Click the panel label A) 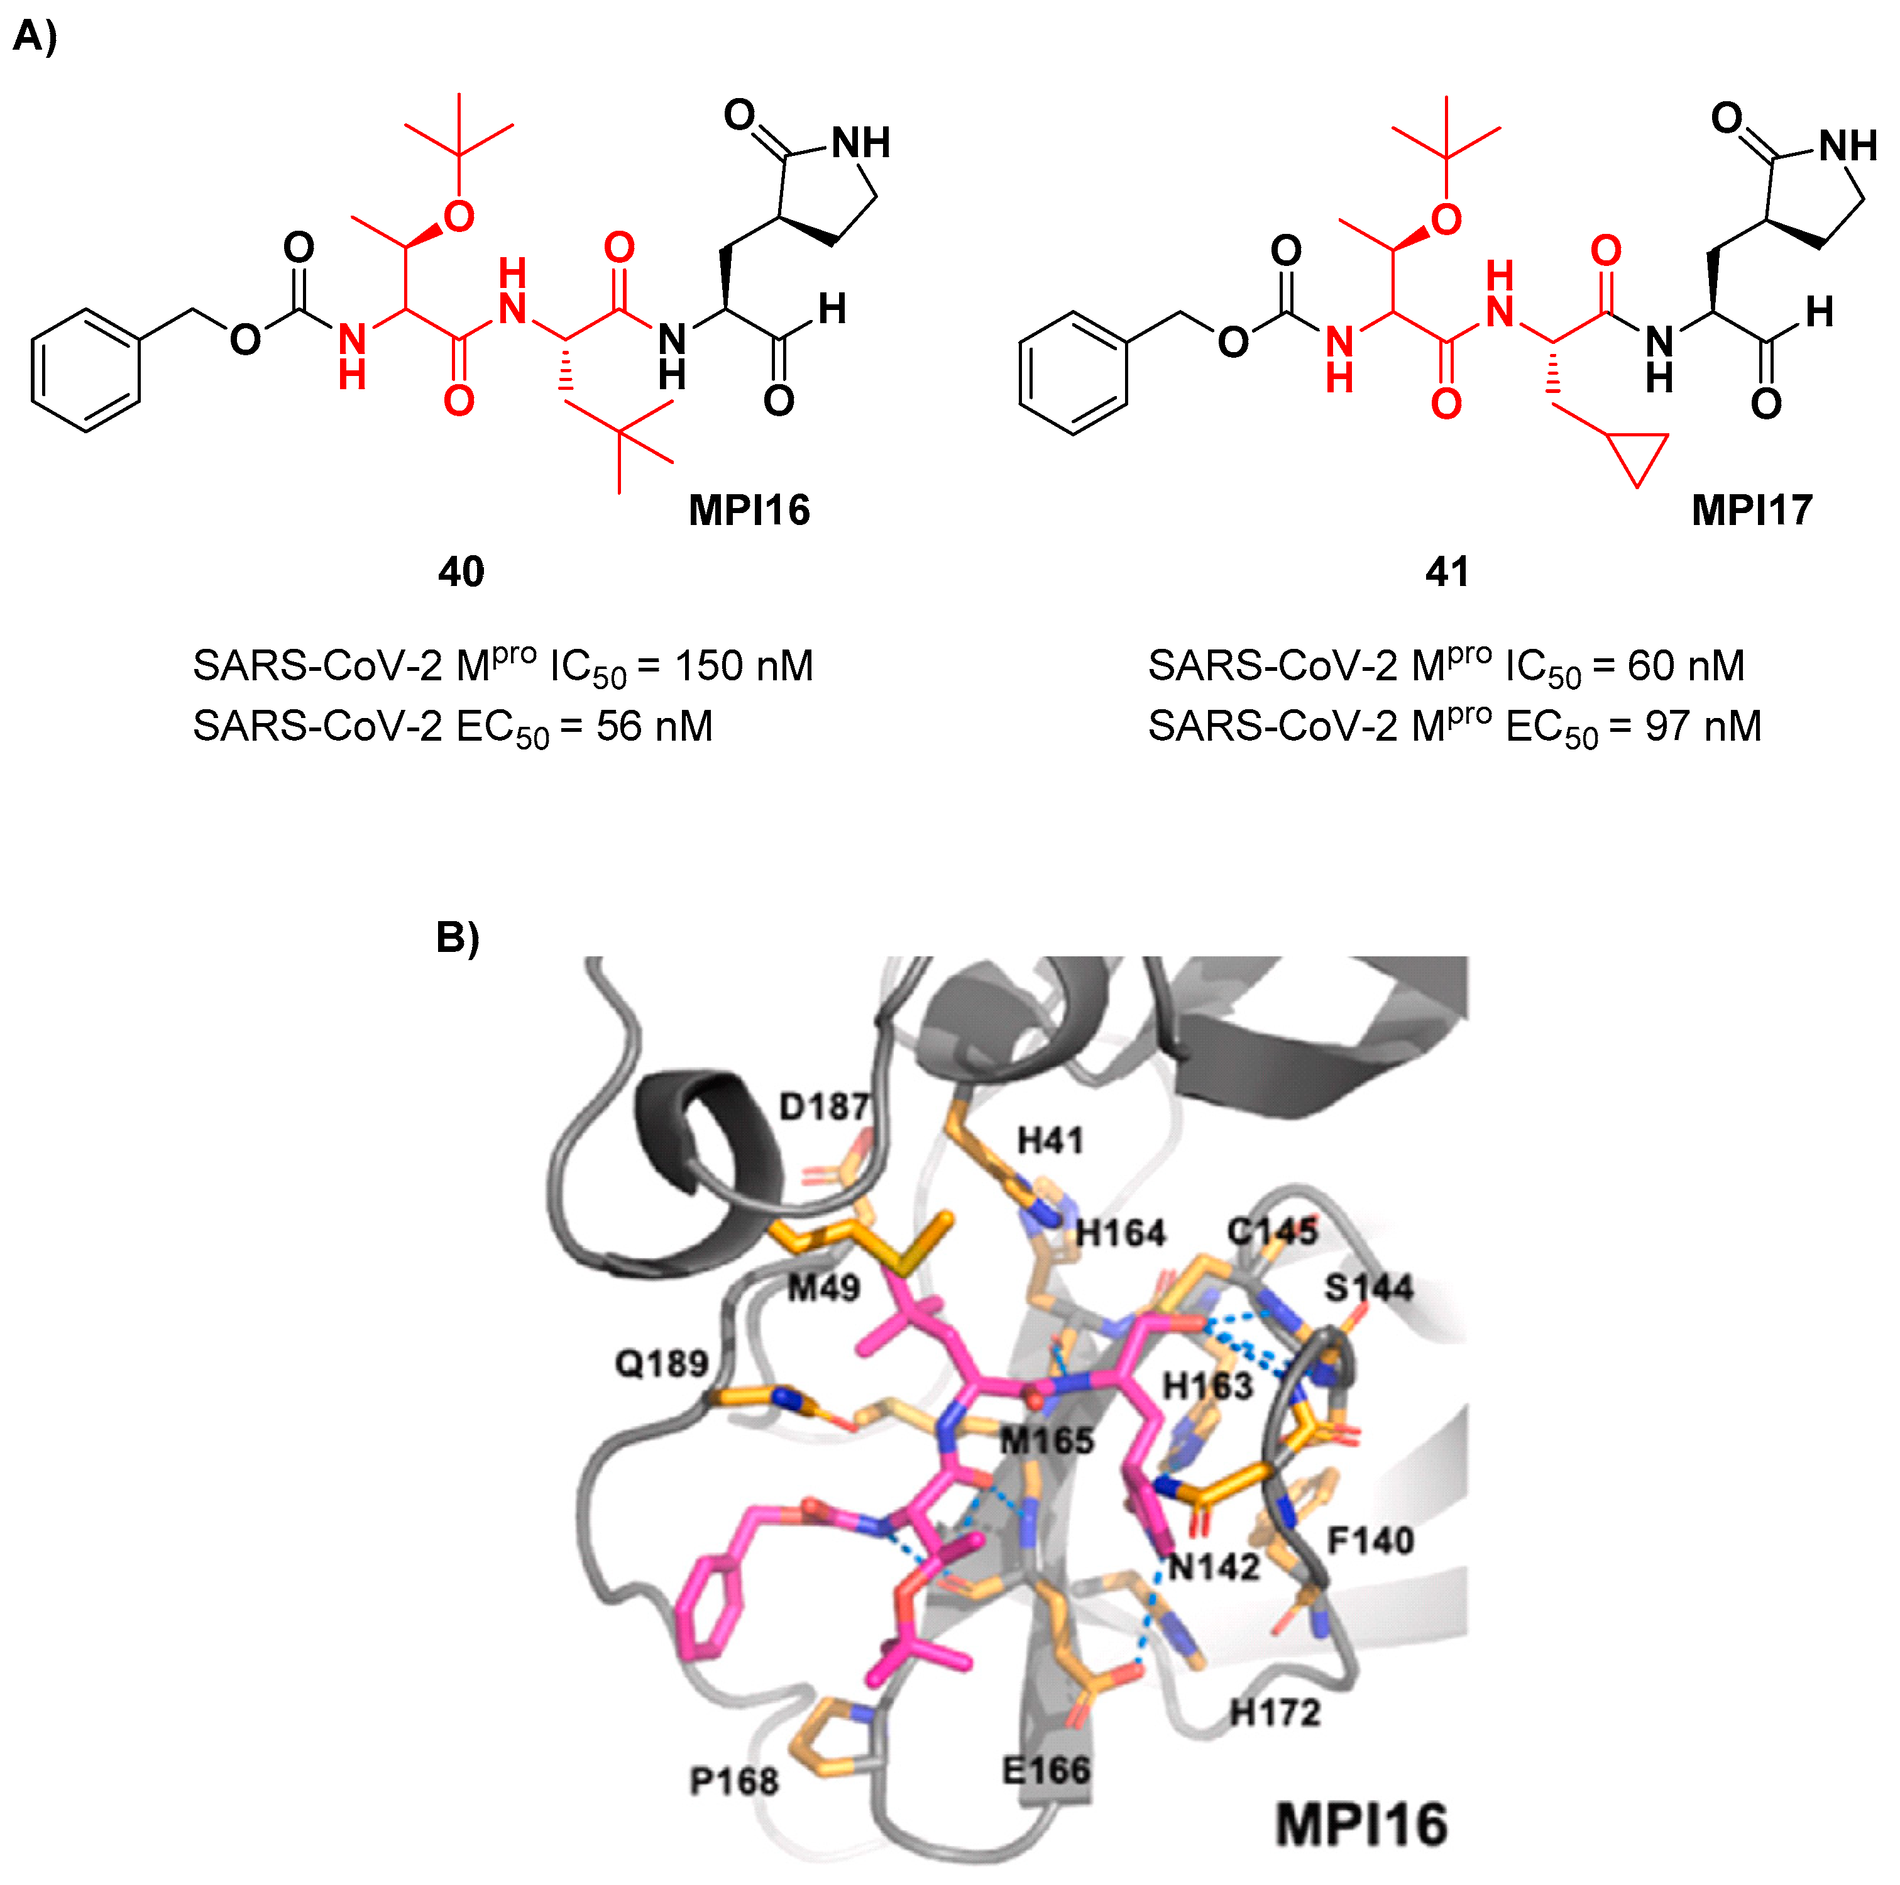point(35,36)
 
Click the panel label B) point(458,937)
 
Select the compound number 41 point(1447,572)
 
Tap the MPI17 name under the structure point(1752,510)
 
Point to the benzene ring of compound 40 point(85,371)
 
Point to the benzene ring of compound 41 point(1073,374)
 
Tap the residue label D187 point(824,1107)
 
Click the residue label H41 point(1050,1141)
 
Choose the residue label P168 point(733,1780)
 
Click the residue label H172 point(1275,1713)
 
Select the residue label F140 point(1370,1540)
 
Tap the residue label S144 point(1368,1287)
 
